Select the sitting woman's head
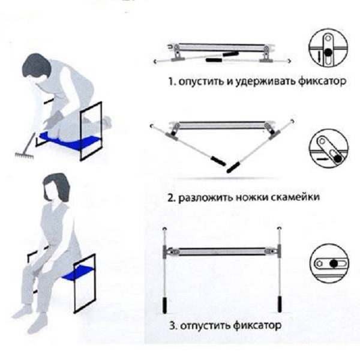[x=55, y=184]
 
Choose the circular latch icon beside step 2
[x=328, y=151]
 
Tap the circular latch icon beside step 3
[x=329, y=263]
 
